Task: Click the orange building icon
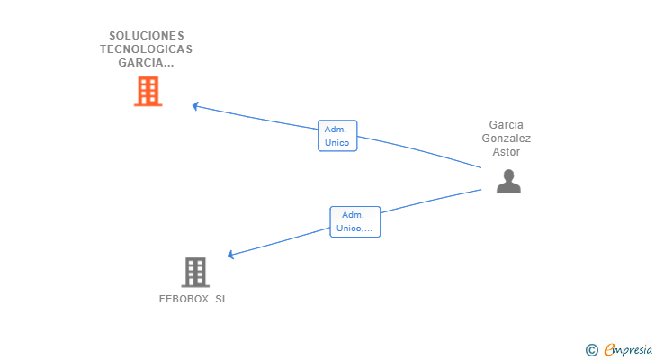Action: [x=148, y=91]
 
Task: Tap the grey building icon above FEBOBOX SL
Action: [x=195, y=273]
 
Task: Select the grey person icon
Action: [x=508, y=181]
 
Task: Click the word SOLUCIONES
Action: [x=147, y=35]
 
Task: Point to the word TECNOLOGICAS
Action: [x=146, y=49]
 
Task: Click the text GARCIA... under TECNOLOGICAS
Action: [x=146, y=63]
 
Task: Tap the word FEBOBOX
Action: [x=184, y=299]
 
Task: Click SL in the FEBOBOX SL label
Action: [x=221, y=299]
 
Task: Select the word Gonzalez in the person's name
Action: [x=507, y=139]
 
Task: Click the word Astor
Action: [x=507, y=151]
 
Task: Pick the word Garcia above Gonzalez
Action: [x=507, y=125]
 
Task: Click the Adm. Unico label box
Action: [x=337, y=136]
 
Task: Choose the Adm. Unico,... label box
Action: [x=355, y=221]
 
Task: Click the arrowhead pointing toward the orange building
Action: [x=195, y=106]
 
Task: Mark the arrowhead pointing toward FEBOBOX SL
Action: [x=230, y=255]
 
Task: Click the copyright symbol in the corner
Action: [x=591, y=350]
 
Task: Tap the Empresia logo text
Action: [x=628, y=350]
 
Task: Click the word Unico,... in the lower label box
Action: [x=354, y=229]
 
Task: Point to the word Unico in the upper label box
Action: [x=336, y=143]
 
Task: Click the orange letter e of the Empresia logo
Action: [x=610, y=349]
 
